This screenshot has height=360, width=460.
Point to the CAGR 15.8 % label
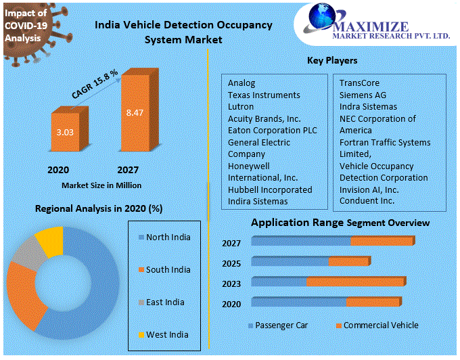95,85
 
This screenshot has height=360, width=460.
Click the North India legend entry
168,238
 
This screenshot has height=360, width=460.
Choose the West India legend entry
167,335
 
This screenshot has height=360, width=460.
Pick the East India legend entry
165,302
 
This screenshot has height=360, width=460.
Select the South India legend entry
168,270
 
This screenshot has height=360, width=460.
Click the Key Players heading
332,61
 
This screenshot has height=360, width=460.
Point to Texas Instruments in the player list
264,95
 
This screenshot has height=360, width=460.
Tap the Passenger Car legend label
281,325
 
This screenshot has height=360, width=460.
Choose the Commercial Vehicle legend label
381,325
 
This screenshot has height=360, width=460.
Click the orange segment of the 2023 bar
356,282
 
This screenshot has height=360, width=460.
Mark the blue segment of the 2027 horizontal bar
301,242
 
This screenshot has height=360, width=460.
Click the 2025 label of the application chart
231,263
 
